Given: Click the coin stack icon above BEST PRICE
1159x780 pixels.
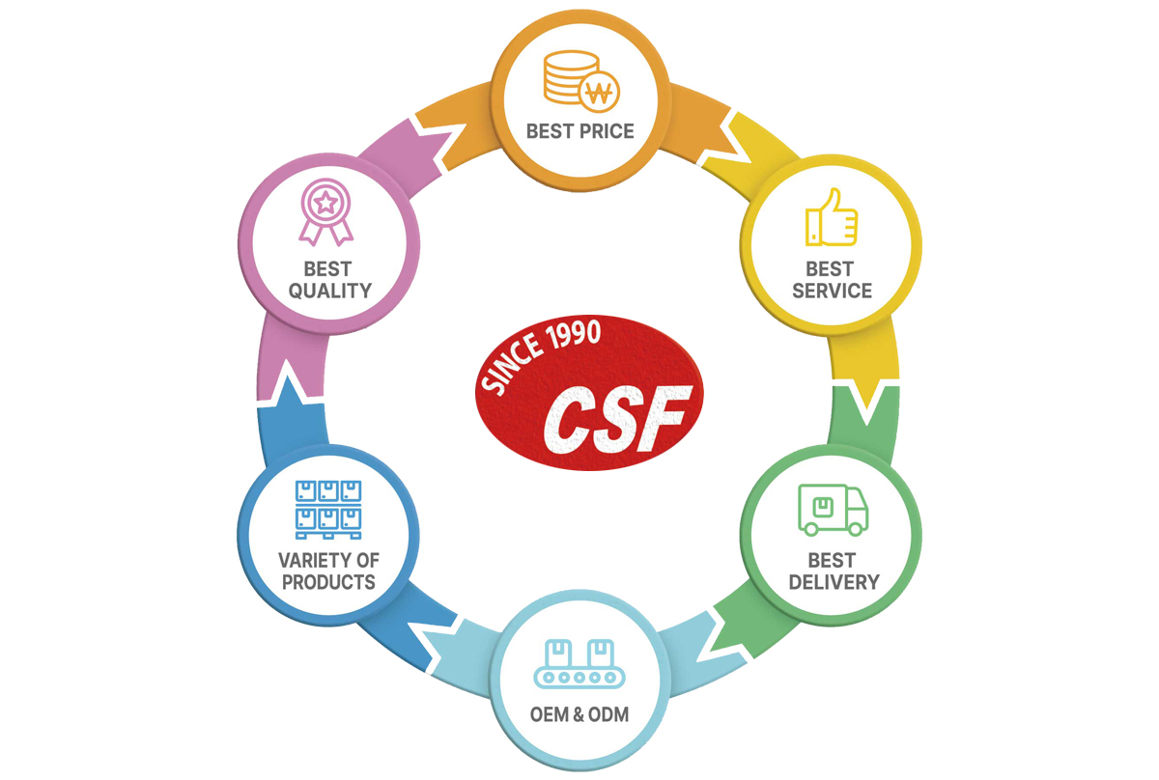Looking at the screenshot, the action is point(571,77).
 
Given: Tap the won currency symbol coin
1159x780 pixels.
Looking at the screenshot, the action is point(600,93).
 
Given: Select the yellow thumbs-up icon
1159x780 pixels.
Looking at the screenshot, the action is point(832,217).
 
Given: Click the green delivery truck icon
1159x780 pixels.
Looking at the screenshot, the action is point(833,510).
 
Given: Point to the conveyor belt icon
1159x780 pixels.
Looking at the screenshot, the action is point(579,664).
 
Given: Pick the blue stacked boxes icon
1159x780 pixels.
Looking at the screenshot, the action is point(328,510).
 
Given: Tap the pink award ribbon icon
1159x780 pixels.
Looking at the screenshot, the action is point(326,212).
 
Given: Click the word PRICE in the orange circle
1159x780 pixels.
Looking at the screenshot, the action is point(608,131).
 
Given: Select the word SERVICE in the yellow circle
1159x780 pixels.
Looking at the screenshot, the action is point(832,291).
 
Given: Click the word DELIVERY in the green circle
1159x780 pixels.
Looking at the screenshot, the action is point(834,582).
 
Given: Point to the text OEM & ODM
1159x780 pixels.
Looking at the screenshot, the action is point(579,714).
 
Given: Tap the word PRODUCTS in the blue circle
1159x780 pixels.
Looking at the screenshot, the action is point(328,582).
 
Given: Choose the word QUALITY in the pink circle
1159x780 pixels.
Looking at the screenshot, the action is point(330,291).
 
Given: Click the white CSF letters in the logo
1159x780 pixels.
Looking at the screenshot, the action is point(617,419).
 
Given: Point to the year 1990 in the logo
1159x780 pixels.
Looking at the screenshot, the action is point(575,334).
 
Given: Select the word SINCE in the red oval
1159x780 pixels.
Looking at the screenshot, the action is point(512,365).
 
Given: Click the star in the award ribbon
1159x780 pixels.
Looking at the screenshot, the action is point(326,203).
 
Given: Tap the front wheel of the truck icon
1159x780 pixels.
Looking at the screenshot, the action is point(856,528).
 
